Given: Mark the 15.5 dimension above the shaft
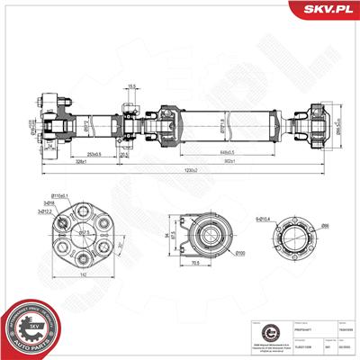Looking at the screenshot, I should [x=131, y=86].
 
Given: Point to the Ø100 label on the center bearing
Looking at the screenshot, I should [x=216, y=255].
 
